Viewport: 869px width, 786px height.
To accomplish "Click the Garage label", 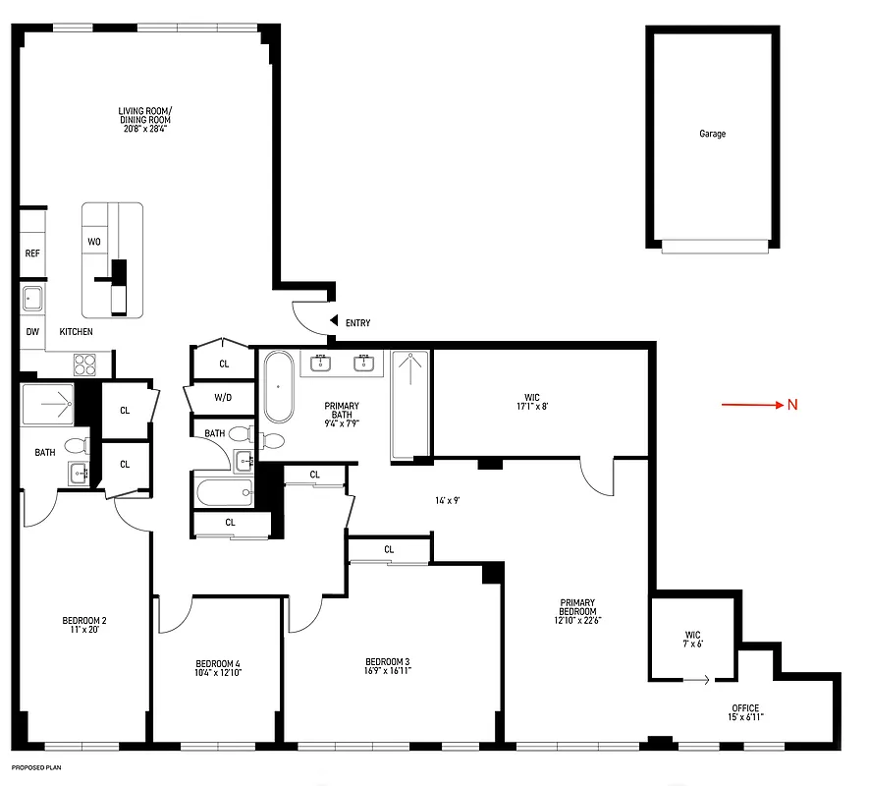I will [712, 134].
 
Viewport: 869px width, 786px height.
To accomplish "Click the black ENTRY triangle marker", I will [334, 321].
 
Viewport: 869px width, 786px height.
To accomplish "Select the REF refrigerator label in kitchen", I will [32, 253].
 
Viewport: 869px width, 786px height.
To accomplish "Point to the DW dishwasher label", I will [32, 332].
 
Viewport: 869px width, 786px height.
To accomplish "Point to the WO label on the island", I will [94, 241].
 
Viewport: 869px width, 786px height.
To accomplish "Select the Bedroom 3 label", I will [387, 661].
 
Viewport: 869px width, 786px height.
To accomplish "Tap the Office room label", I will [745, 708].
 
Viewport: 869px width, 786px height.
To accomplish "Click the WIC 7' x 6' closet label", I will [693, 639].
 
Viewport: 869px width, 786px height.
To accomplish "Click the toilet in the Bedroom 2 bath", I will [75, 446].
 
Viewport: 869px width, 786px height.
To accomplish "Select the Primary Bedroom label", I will [578, 611].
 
